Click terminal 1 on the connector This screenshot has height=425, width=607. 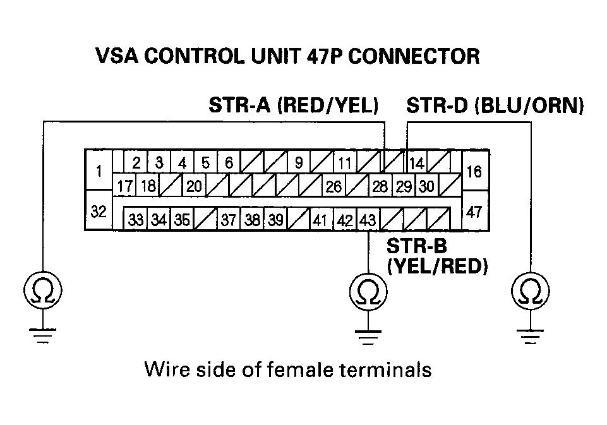(99, 171)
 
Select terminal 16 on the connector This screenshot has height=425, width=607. (475, 171)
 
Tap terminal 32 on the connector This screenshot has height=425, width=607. (99, 210)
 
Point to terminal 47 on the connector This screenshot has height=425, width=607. (475, 211)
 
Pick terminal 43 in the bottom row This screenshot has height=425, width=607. (368, 220)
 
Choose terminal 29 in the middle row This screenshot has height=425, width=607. (404, 186)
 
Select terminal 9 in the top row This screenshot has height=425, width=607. (299, 162)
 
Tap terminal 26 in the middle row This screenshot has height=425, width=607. (334, 186)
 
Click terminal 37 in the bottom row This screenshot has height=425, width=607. (229, 220)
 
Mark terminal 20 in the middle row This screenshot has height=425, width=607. (194, 186)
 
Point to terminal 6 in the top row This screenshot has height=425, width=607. (229, 162)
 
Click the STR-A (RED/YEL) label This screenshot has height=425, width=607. (294, 105)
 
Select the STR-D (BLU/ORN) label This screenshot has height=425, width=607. (495, 105)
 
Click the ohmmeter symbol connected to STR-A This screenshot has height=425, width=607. (42, 290)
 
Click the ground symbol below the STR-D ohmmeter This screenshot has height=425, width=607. (531, 337)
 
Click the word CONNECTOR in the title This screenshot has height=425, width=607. (414, 56)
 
